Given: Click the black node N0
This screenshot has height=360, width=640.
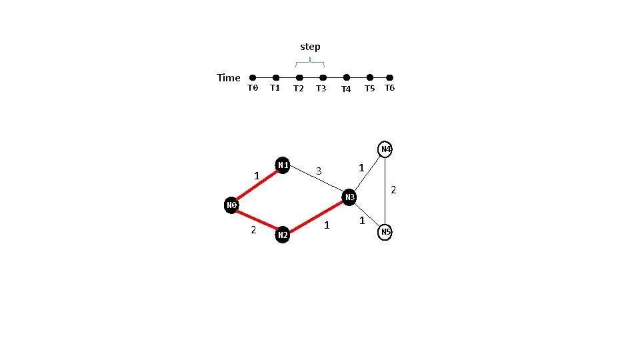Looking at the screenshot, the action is coord(232,205).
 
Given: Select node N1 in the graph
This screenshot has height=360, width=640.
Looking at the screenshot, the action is coord(283,165).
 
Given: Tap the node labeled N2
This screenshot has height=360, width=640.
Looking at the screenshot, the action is coord(283,235).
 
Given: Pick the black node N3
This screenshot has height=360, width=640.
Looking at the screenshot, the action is coord(349,197).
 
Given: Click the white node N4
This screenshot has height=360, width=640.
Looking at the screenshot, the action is coord(385,149).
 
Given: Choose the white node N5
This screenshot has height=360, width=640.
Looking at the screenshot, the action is coord(385,231).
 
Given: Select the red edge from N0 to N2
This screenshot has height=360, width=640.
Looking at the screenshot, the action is coord(257,220).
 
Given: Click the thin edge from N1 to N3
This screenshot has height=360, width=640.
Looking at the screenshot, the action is coord(316,181).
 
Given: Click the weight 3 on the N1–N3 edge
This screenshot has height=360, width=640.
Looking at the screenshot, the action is coord(319,171).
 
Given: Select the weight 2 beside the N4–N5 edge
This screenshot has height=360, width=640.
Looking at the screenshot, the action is coord(393,190).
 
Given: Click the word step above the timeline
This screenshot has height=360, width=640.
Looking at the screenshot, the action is coord(310,47).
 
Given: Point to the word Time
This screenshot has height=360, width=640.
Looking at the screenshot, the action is coord(229,78).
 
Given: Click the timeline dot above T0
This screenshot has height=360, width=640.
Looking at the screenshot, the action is coord(253,77).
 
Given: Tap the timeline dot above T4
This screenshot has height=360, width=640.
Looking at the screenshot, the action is coord(346,77).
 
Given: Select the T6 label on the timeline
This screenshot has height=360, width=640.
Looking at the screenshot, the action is coord(390,88).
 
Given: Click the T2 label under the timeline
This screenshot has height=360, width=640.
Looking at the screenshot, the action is coord(299,89).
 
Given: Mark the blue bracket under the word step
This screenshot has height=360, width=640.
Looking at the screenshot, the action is coord(310,63).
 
